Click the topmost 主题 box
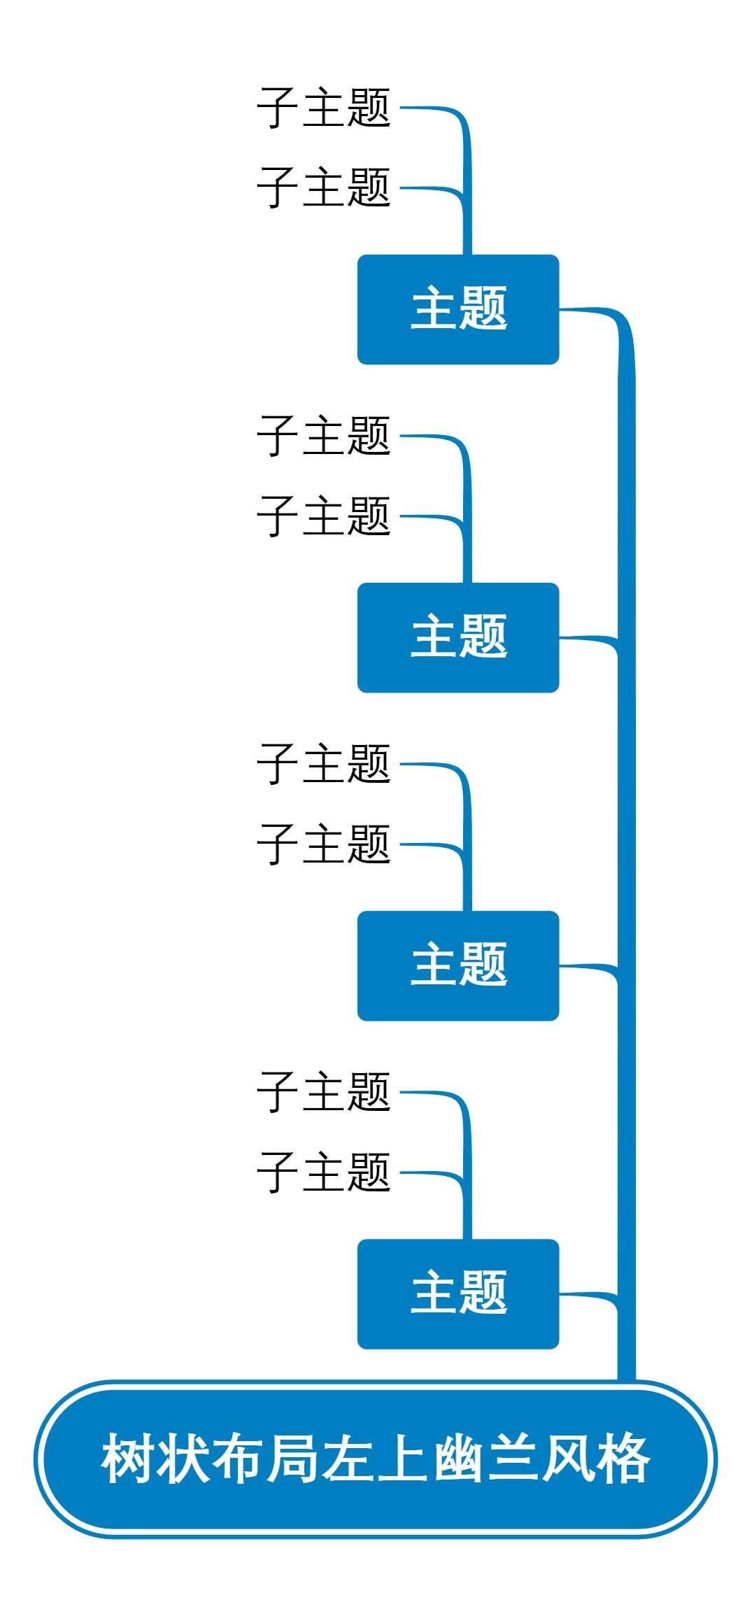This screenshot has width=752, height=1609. tap(458, 309)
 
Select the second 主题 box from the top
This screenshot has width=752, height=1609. tap(458, 637)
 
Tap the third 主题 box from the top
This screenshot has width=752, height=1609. tap(458, 965)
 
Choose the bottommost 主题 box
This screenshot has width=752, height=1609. tap(458, 1293)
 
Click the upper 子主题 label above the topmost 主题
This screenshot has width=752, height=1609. tap(323, 108)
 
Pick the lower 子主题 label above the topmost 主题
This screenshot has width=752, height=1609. tap(323, 188)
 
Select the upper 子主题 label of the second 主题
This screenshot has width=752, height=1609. tap(323, 437)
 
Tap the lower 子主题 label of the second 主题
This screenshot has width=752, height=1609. tap(323, 516)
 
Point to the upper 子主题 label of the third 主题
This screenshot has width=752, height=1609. tap(323, 765)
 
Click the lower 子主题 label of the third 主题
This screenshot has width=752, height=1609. tap(323, 844)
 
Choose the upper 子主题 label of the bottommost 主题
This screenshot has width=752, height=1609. tap(323, 1093)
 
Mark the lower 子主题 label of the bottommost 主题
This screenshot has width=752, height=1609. tap(323, 1172)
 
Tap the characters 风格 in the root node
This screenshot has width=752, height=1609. tap(596, 1459)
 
